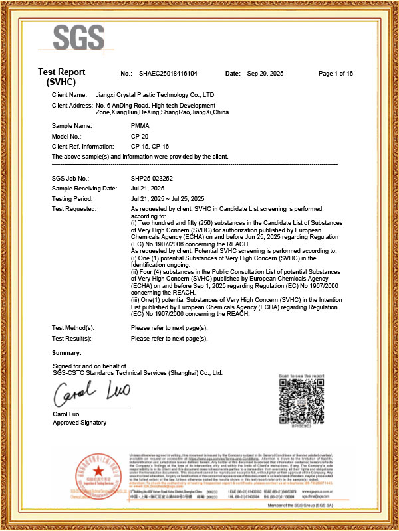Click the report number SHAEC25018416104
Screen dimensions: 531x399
[x=168, y=73]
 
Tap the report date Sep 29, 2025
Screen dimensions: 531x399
[x=265, y=73]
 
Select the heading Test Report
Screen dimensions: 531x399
[x=61, y=73]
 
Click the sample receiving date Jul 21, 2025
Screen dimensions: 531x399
[x=148, y=189]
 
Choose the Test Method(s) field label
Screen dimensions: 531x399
[x=73, y=328]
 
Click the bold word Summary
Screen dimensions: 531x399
[x=66, y=351]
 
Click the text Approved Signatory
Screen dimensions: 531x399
[x=79, y=423]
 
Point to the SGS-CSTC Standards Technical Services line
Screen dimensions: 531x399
[x=138, y=373]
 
